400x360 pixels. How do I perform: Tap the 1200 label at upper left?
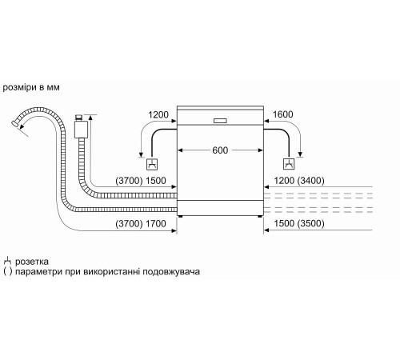coord(160,114)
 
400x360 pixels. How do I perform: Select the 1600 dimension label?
coord(282,114)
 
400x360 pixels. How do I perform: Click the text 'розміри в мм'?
coord(30,86)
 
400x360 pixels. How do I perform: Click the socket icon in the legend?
coord(7,261)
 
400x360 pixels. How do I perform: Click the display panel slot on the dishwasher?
coord(221,122)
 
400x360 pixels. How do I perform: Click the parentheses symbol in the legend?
coord(7,272)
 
